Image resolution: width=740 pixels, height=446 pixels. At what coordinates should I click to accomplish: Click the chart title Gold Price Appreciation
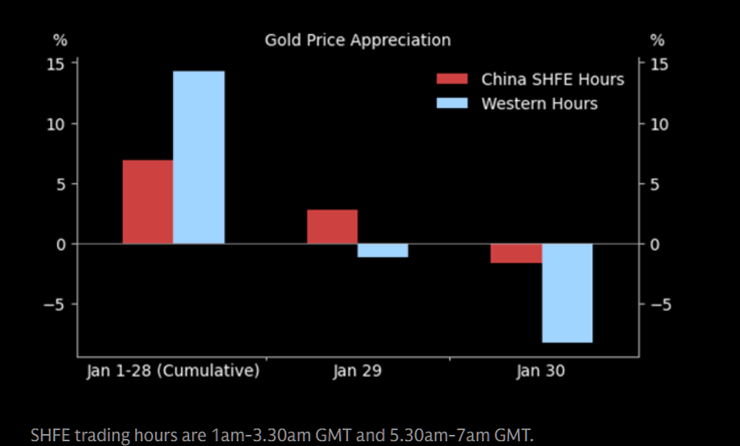[357, 40]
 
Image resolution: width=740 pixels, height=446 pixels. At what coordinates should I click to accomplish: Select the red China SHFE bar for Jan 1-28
[148, 202]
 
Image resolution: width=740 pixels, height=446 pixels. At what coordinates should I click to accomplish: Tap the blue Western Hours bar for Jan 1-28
[198, 157]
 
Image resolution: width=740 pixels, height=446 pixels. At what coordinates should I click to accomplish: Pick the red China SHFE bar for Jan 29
[332, 227]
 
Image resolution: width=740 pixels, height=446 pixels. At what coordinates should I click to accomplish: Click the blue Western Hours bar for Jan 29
[383, 251]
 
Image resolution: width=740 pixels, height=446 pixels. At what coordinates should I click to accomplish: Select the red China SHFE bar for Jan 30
[516, 253]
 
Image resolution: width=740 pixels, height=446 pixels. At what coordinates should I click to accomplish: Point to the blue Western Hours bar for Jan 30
[567, 293]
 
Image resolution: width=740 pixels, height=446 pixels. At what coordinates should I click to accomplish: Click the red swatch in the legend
[453, 79]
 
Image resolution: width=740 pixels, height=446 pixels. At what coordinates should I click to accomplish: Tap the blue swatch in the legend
[453, 104]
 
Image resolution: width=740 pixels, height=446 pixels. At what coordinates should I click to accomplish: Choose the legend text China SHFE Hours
[553, 79]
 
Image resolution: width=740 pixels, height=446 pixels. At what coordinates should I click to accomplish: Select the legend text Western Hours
[539, 104]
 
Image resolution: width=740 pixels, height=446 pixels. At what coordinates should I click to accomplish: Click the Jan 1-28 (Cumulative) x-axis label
[173, 371]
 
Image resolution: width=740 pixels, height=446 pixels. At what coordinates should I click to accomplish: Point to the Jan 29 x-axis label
[357, 371]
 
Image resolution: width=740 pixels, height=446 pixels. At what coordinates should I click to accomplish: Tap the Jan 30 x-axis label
[541, 371]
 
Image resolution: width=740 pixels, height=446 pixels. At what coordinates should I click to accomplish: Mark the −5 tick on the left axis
[56, 305]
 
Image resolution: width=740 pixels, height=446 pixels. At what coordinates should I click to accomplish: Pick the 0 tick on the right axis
[656, 244]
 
